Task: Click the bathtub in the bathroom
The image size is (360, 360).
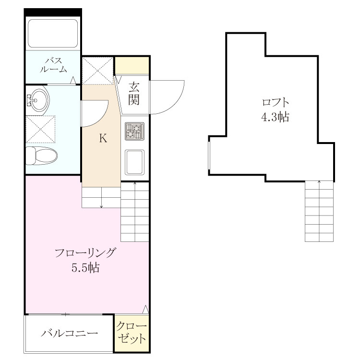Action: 53,33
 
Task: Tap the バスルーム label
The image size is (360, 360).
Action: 53,65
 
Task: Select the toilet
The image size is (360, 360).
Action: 41,156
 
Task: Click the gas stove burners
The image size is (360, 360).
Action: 134,131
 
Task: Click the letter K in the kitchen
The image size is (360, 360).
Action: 103,138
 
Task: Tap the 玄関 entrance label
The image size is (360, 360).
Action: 134,94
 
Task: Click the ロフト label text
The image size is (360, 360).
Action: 275,102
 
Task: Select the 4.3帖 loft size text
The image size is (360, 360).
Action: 275,117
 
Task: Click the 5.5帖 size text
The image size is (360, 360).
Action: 85,268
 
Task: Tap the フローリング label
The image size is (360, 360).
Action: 85,253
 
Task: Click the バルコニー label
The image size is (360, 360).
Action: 69,333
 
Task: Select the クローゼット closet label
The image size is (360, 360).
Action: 132,332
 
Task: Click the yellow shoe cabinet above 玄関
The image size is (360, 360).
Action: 132,66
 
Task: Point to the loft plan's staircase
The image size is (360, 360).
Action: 319,211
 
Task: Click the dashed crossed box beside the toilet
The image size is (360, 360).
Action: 41,130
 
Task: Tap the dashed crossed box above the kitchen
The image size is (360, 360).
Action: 98,71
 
